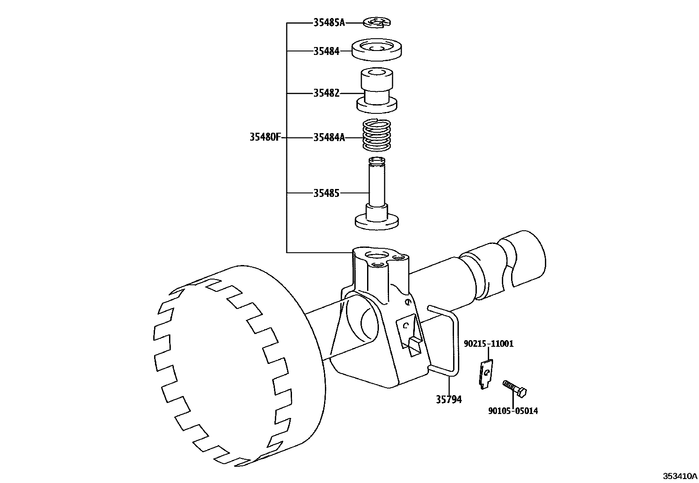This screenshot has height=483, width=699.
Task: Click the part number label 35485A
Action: [329, 22]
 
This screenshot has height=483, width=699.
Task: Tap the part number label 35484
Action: [326, 51]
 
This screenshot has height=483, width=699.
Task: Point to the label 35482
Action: [326, 94]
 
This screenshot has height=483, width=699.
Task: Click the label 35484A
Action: [329, 138]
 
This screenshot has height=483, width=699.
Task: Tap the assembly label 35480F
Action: [265, 137]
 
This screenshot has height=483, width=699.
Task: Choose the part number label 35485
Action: [326, 193]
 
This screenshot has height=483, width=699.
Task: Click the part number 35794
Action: [448, 400]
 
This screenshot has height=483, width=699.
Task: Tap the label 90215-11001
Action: [489, 344]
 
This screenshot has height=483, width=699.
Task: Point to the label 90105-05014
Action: [513, 411]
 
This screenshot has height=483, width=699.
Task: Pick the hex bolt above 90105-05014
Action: [515, 388]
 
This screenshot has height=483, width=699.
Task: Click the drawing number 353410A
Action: [680, 476]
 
